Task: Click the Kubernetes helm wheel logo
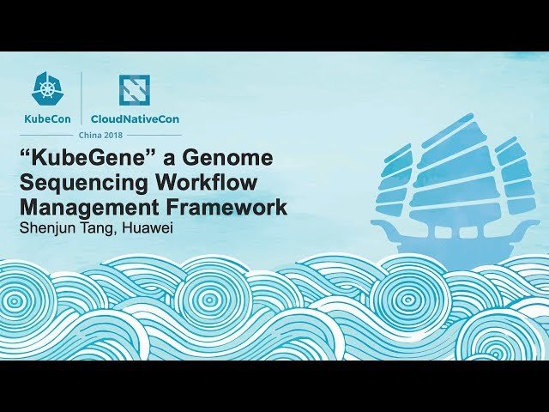46,88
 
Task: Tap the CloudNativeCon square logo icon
134,90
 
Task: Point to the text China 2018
102,136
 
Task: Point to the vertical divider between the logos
81,100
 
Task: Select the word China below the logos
91,136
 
